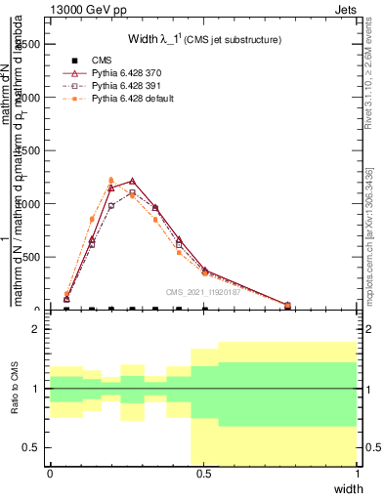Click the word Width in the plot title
point(144,39)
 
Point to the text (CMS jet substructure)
point(234,40)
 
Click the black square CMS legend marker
point(74,62)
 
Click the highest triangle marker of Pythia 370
point(132,181)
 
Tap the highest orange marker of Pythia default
point(111,180)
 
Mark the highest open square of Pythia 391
point(132,192)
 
